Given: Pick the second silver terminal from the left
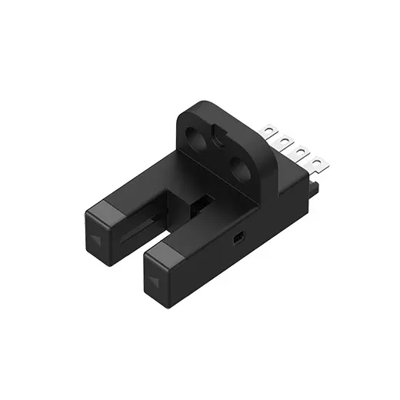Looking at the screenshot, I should pos(285,142).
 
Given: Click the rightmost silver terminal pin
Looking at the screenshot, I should pos(316,162).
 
